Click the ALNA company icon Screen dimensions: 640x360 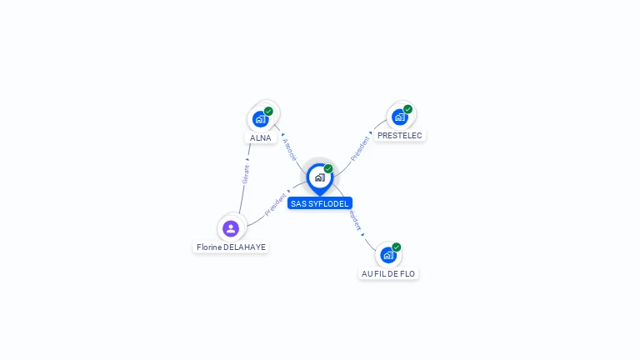coord(261,119)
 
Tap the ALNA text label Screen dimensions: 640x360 coord(261,138)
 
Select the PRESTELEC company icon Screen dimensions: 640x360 coord(399,117)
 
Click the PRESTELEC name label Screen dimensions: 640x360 coord(399,135)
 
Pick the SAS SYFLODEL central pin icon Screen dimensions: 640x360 coord(319,177)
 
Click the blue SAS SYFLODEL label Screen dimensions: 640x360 coord(320,203)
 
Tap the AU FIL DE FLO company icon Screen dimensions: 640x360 coord(388,255)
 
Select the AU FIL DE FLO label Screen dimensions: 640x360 coord(388,273)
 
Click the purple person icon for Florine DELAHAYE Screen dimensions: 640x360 coord(231,227)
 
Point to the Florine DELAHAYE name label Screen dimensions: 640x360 coord(231,247)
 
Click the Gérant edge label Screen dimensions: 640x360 coord(246,173)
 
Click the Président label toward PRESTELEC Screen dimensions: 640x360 coord(362,147)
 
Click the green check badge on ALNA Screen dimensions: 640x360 coord(268,111)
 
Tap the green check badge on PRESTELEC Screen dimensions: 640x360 coord(407,109)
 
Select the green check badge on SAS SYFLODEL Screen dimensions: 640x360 coord(328,169)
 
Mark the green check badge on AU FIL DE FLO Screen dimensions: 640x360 coord(397,247)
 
